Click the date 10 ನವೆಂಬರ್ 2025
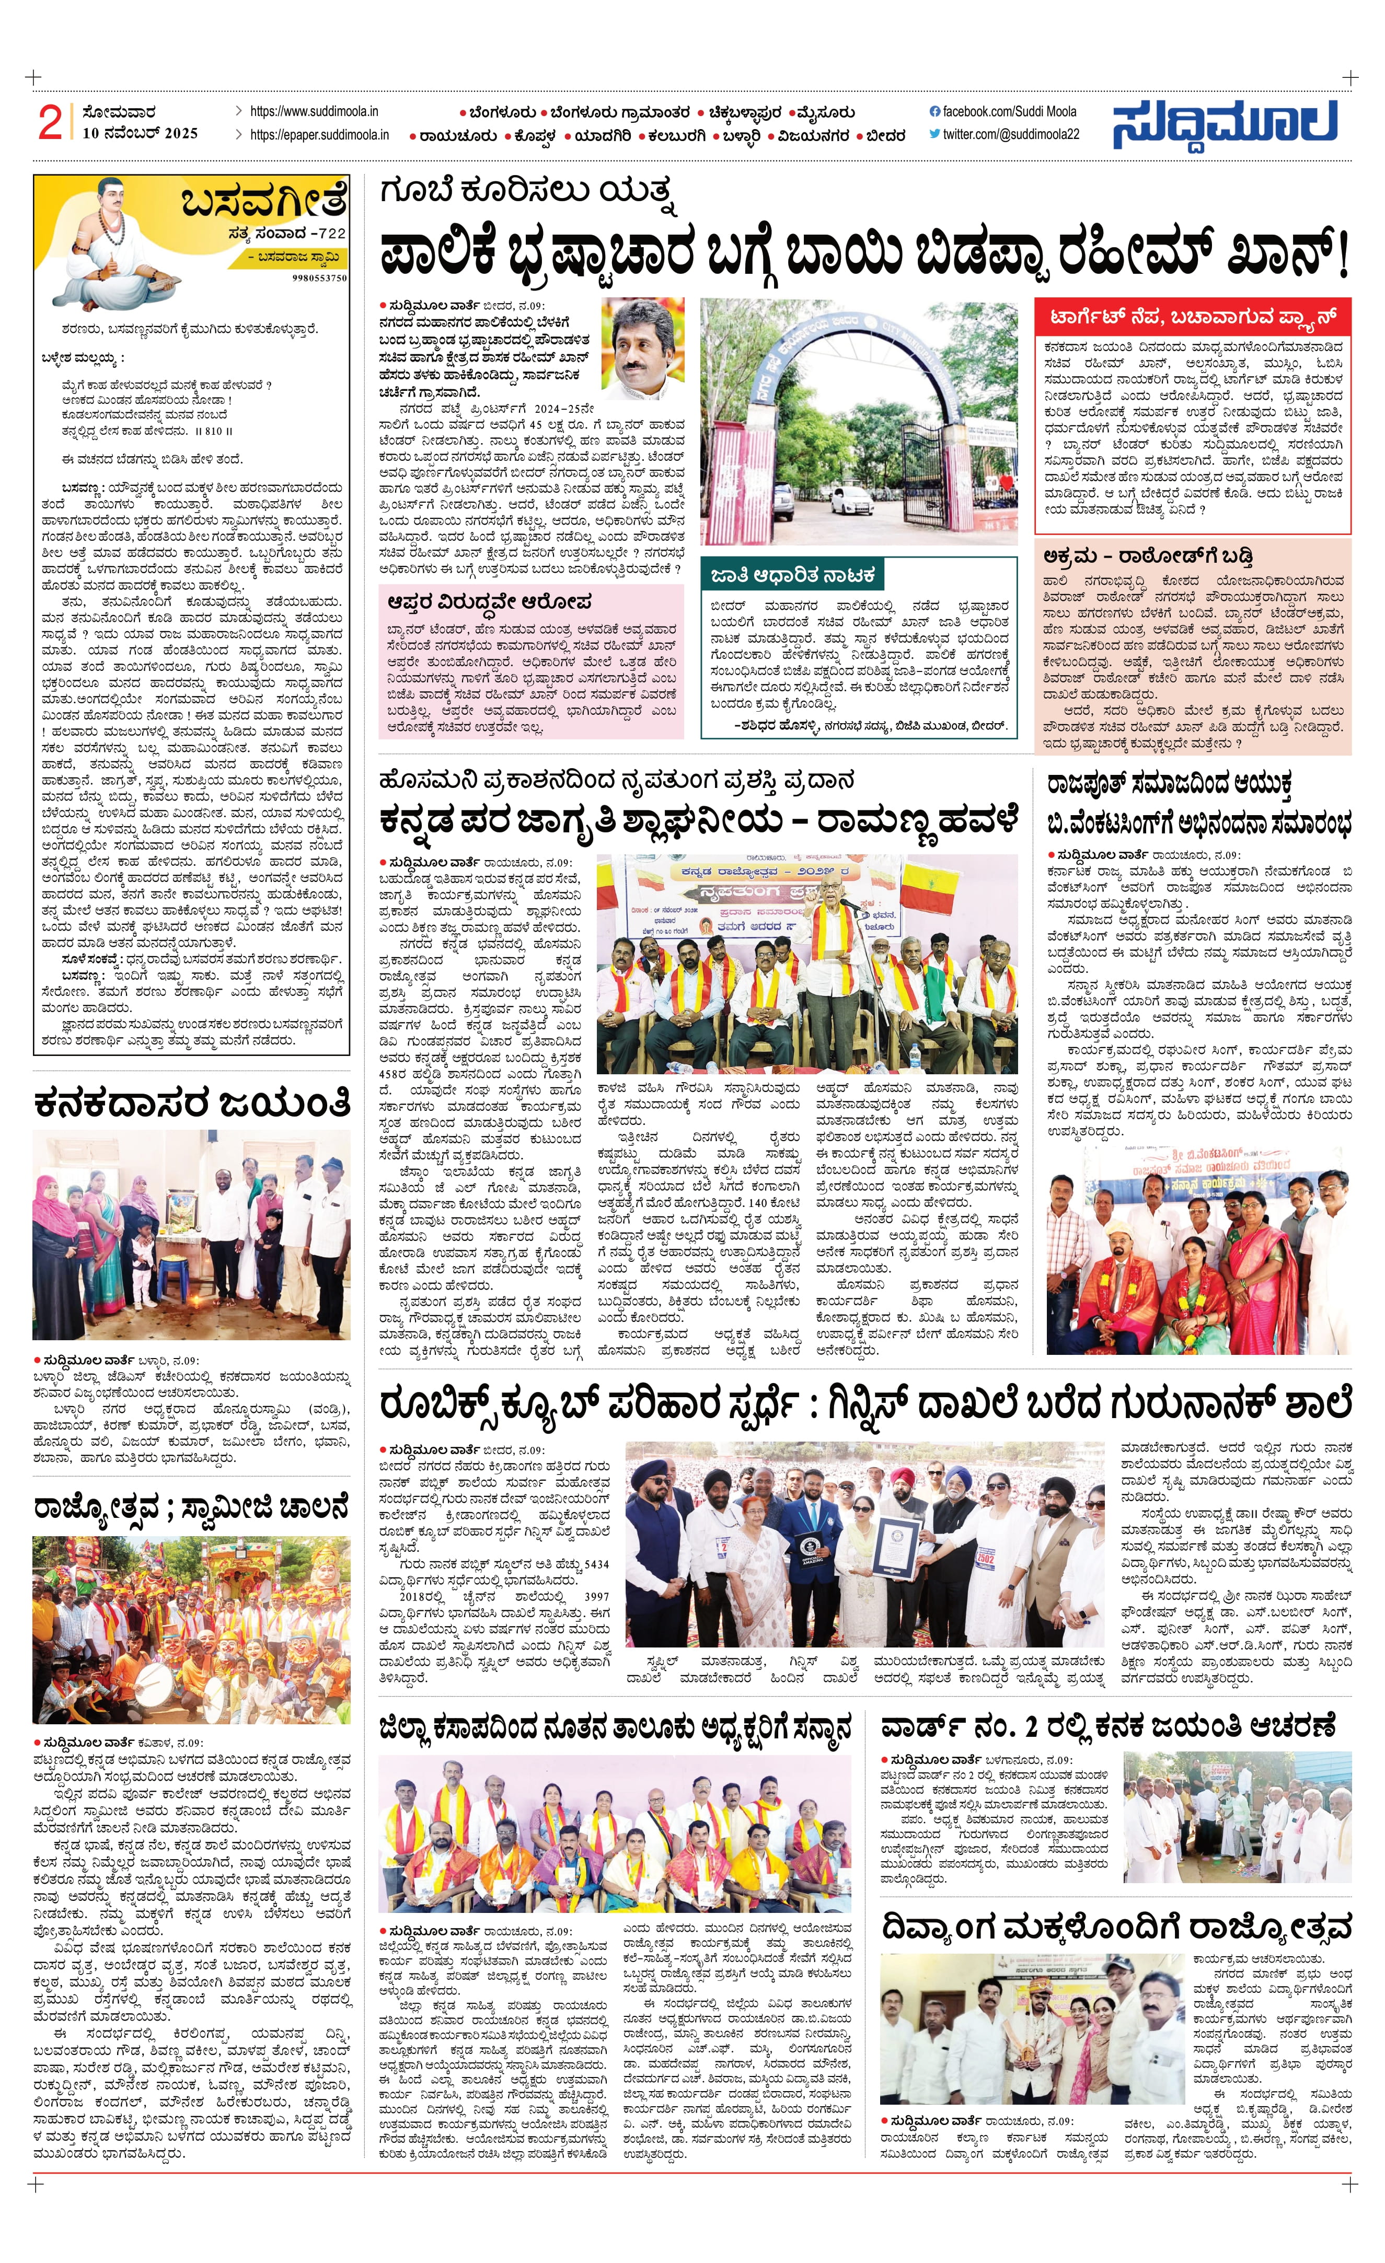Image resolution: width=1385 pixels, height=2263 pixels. coord(140,133)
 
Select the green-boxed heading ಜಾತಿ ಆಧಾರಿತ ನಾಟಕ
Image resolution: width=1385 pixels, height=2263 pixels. coord(792,576)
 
